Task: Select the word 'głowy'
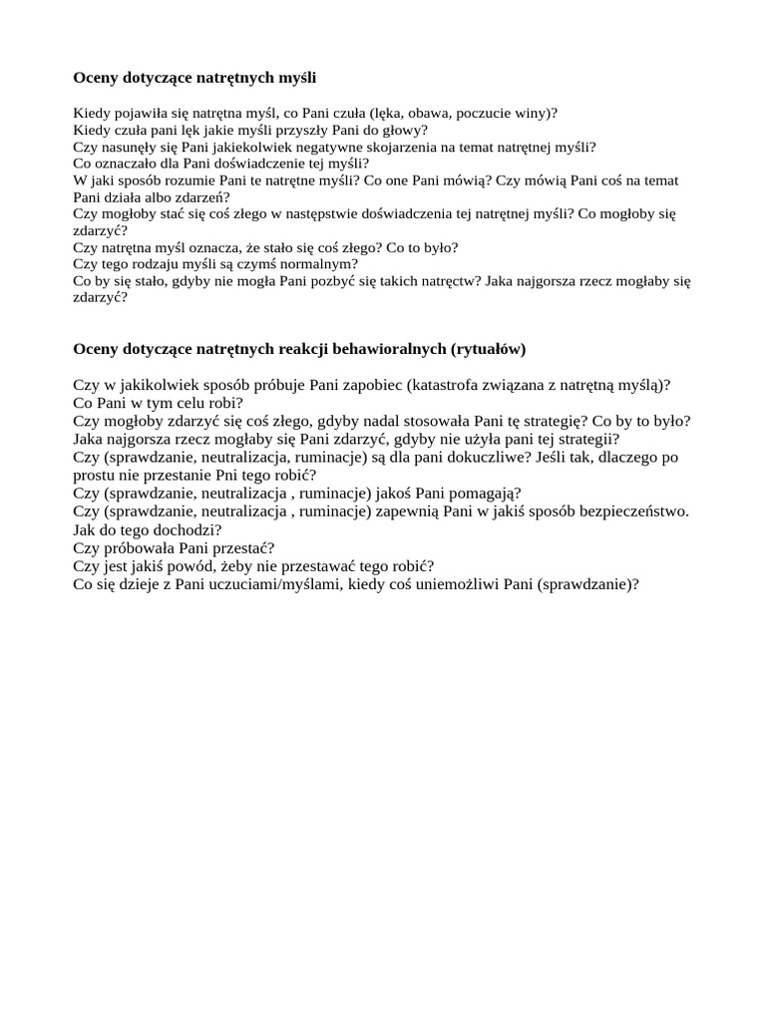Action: click(404, 130)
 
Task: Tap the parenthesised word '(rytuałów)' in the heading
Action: click(488, 349)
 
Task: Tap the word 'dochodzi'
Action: click(187, 529)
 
